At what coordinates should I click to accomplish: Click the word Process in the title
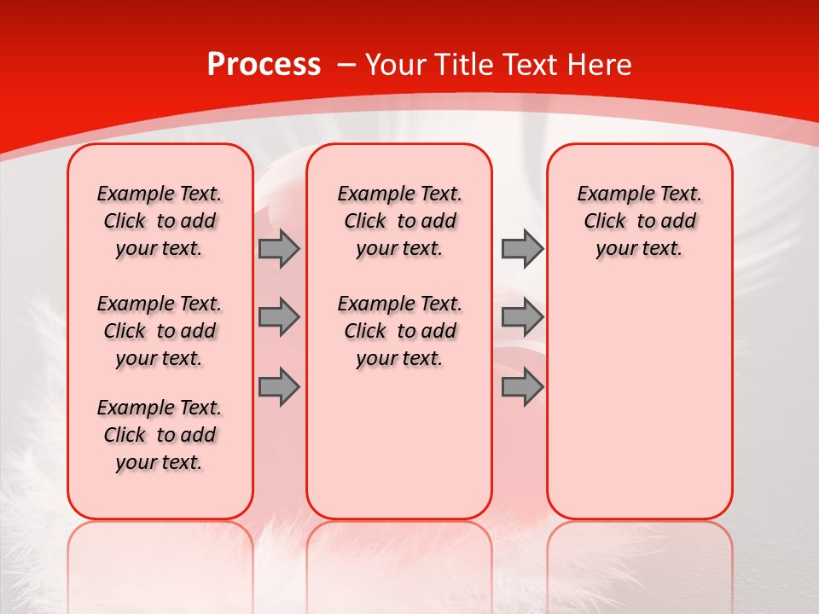point(264,64)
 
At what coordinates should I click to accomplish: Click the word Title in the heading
point(462,64)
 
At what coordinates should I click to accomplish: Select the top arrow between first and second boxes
point(279,249)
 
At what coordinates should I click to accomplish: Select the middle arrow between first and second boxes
point(279,317)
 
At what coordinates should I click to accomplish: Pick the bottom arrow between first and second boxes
point(279,386)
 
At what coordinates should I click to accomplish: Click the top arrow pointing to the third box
point(522,249)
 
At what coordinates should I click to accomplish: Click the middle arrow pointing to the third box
point(522,317)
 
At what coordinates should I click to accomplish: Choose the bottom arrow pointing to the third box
point(522,386)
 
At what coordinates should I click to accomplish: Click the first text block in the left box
point(160,221)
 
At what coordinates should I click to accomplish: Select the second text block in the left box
point(160,331)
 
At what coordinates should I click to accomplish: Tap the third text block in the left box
point(160,435)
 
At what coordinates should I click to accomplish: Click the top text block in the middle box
point(400,221)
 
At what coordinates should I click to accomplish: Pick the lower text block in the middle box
point(400,331)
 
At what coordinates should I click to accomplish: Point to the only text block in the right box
point(640,221)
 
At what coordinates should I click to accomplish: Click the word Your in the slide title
point(395,64)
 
